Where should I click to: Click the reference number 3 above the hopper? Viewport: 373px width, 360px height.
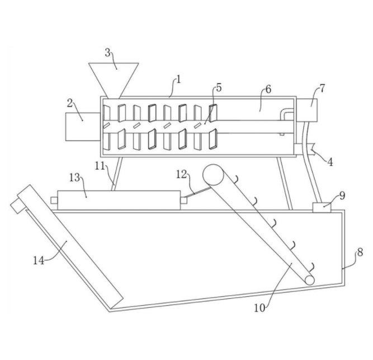(107, 54)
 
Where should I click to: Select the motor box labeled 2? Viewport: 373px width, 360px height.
(82, 126)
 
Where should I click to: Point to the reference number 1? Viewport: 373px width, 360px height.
(178, 79)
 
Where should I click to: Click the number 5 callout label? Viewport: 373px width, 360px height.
(219, 88)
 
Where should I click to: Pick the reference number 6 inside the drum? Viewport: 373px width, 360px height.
(268, 90)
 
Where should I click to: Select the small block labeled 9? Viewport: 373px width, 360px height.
(321, 207)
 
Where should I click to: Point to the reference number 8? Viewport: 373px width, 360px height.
(358, 253)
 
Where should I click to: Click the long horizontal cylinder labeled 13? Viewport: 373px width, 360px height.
(119, 200)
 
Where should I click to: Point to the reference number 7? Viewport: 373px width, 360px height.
(322, 88)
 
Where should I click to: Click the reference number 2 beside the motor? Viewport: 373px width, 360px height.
(70, 103)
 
